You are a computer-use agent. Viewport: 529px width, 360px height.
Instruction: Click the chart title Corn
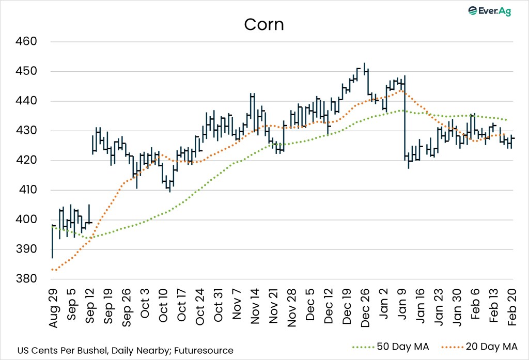pyautogui.click(x=264, y=24)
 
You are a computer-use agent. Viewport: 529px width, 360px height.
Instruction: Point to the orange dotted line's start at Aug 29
pyautogui.click(x=53, y=270)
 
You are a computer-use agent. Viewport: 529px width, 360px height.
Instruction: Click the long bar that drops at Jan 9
pyautogui.click(x=405, y=119)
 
